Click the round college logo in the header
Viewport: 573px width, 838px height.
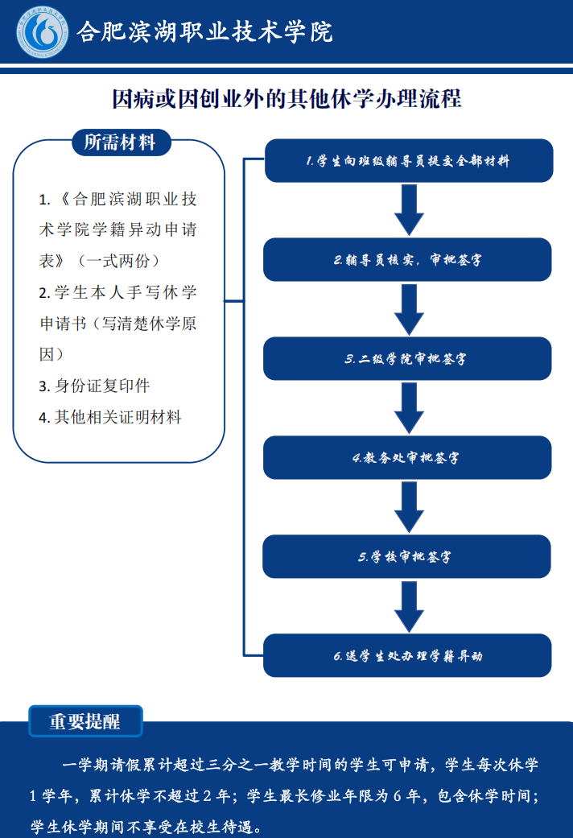[x=42, y=31]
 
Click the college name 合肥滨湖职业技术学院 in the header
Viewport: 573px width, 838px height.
[x=204, y=32]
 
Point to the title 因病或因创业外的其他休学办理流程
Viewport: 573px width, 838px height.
[x=286, y=99]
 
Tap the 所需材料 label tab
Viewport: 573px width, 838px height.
[x=122, y=142]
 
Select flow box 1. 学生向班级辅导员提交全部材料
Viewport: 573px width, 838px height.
[x=409, y=160]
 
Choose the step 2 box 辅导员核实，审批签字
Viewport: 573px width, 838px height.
[x=407, y=260]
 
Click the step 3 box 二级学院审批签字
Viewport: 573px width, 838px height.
[x=407, y=358]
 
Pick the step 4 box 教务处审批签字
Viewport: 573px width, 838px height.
[x=407, y=457]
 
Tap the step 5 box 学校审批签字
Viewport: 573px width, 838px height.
[x=406, y=556]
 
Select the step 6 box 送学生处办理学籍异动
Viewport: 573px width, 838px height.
[x=407, y=655]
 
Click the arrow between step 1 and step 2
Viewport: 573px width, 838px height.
[x=409, y=210]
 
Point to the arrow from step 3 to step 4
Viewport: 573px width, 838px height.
[x=409, y=408]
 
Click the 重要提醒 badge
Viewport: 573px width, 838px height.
[x=85, y=721]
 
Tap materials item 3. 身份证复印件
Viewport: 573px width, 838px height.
[x=94, y=386]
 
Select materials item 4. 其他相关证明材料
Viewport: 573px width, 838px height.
[x=110, y=417]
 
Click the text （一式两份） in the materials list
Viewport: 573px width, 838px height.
[x=118, y=261]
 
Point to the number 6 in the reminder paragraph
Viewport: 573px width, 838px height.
[x=397, y=796]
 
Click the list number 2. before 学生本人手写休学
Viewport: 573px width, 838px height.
[x=44, y=293]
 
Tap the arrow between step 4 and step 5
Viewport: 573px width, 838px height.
[x=409, y=507]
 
